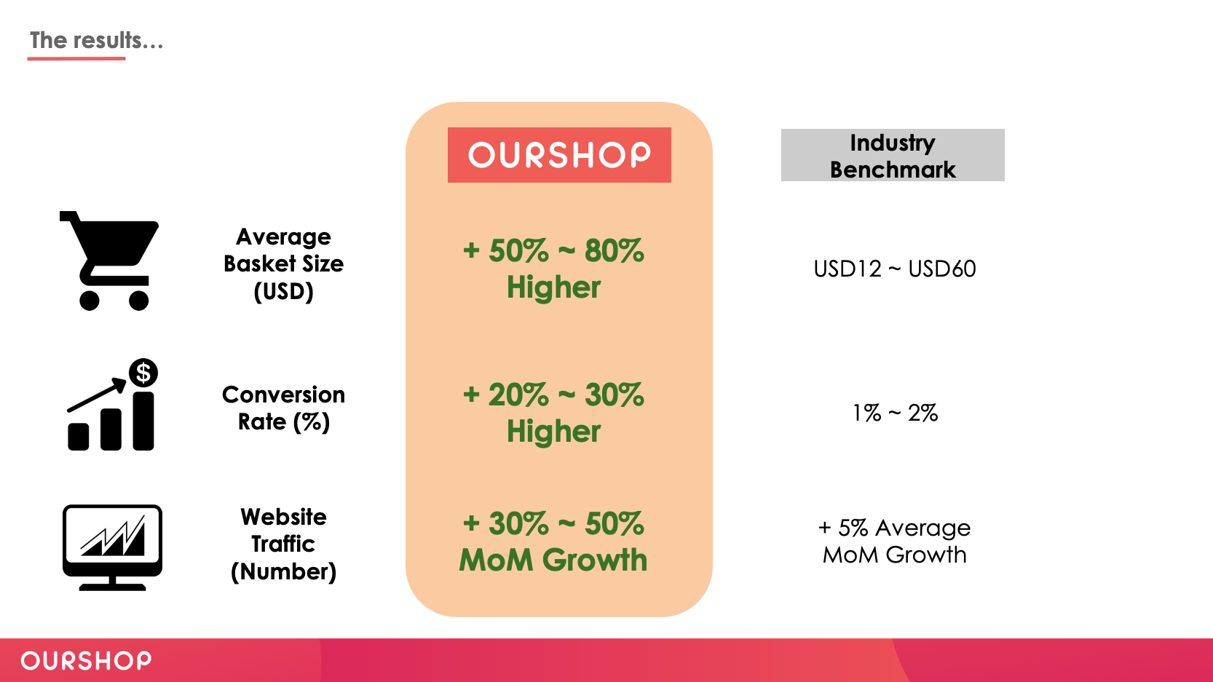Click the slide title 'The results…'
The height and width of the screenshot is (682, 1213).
point(96,40)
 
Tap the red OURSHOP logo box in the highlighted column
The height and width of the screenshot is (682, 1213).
point(559,155)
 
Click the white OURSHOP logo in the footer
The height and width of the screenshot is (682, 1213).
point(86,661)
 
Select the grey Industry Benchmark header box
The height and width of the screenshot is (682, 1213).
point(893,155)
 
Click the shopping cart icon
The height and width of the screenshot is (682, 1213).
point(109,261)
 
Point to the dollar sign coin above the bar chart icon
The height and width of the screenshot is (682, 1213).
point(143,373)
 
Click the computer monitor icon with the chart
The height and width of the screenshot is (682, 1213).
point(112,547)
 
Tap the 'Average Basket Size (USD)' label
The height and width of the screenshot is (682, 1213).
point(284,264)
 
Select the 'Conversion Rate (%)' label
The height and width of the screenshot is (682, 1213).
point(284,408)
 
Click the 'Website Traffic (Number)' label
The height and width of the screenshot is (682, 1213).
point(284,544)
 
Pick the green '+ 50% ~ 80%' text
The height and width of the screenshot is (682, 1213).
point(553,250)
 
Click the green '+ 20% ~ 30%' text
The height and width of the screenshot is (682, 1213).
point(553,394)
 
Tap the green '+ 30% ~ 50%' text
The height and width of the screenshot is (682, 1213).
point(553,523)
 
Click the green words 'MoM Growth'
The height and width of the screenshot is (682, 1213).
point(553,560)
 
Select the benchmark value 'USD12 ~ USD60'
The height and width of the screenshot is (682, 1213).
point(895,269)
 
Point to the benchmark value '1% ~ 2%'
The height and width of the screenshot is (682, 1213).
point(895,413)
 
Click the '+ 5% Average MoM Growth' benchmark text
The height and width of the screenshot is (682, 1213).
point(895,542)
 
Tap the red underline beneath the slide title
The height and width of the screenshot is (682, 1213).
point(76,58)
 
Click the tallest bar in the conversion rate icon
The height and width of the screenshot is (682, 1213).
point(143,421)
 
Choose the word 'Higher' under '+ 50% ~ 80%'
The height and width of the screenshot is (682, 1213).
point(553,287)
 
